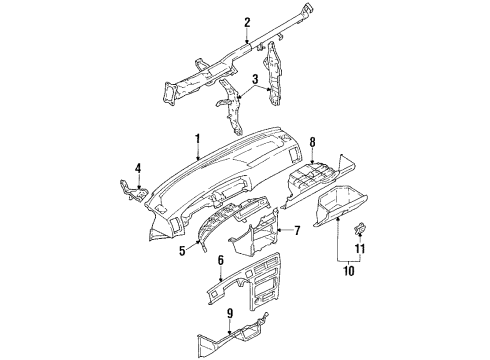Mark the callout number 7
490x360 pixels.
pyautogui.click(x=296, y=232)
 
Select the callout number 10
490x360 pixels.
pyautogui.click(x=347, y=269)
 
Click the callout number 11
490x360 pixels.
pyautogui.click(x=362, y=247)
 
